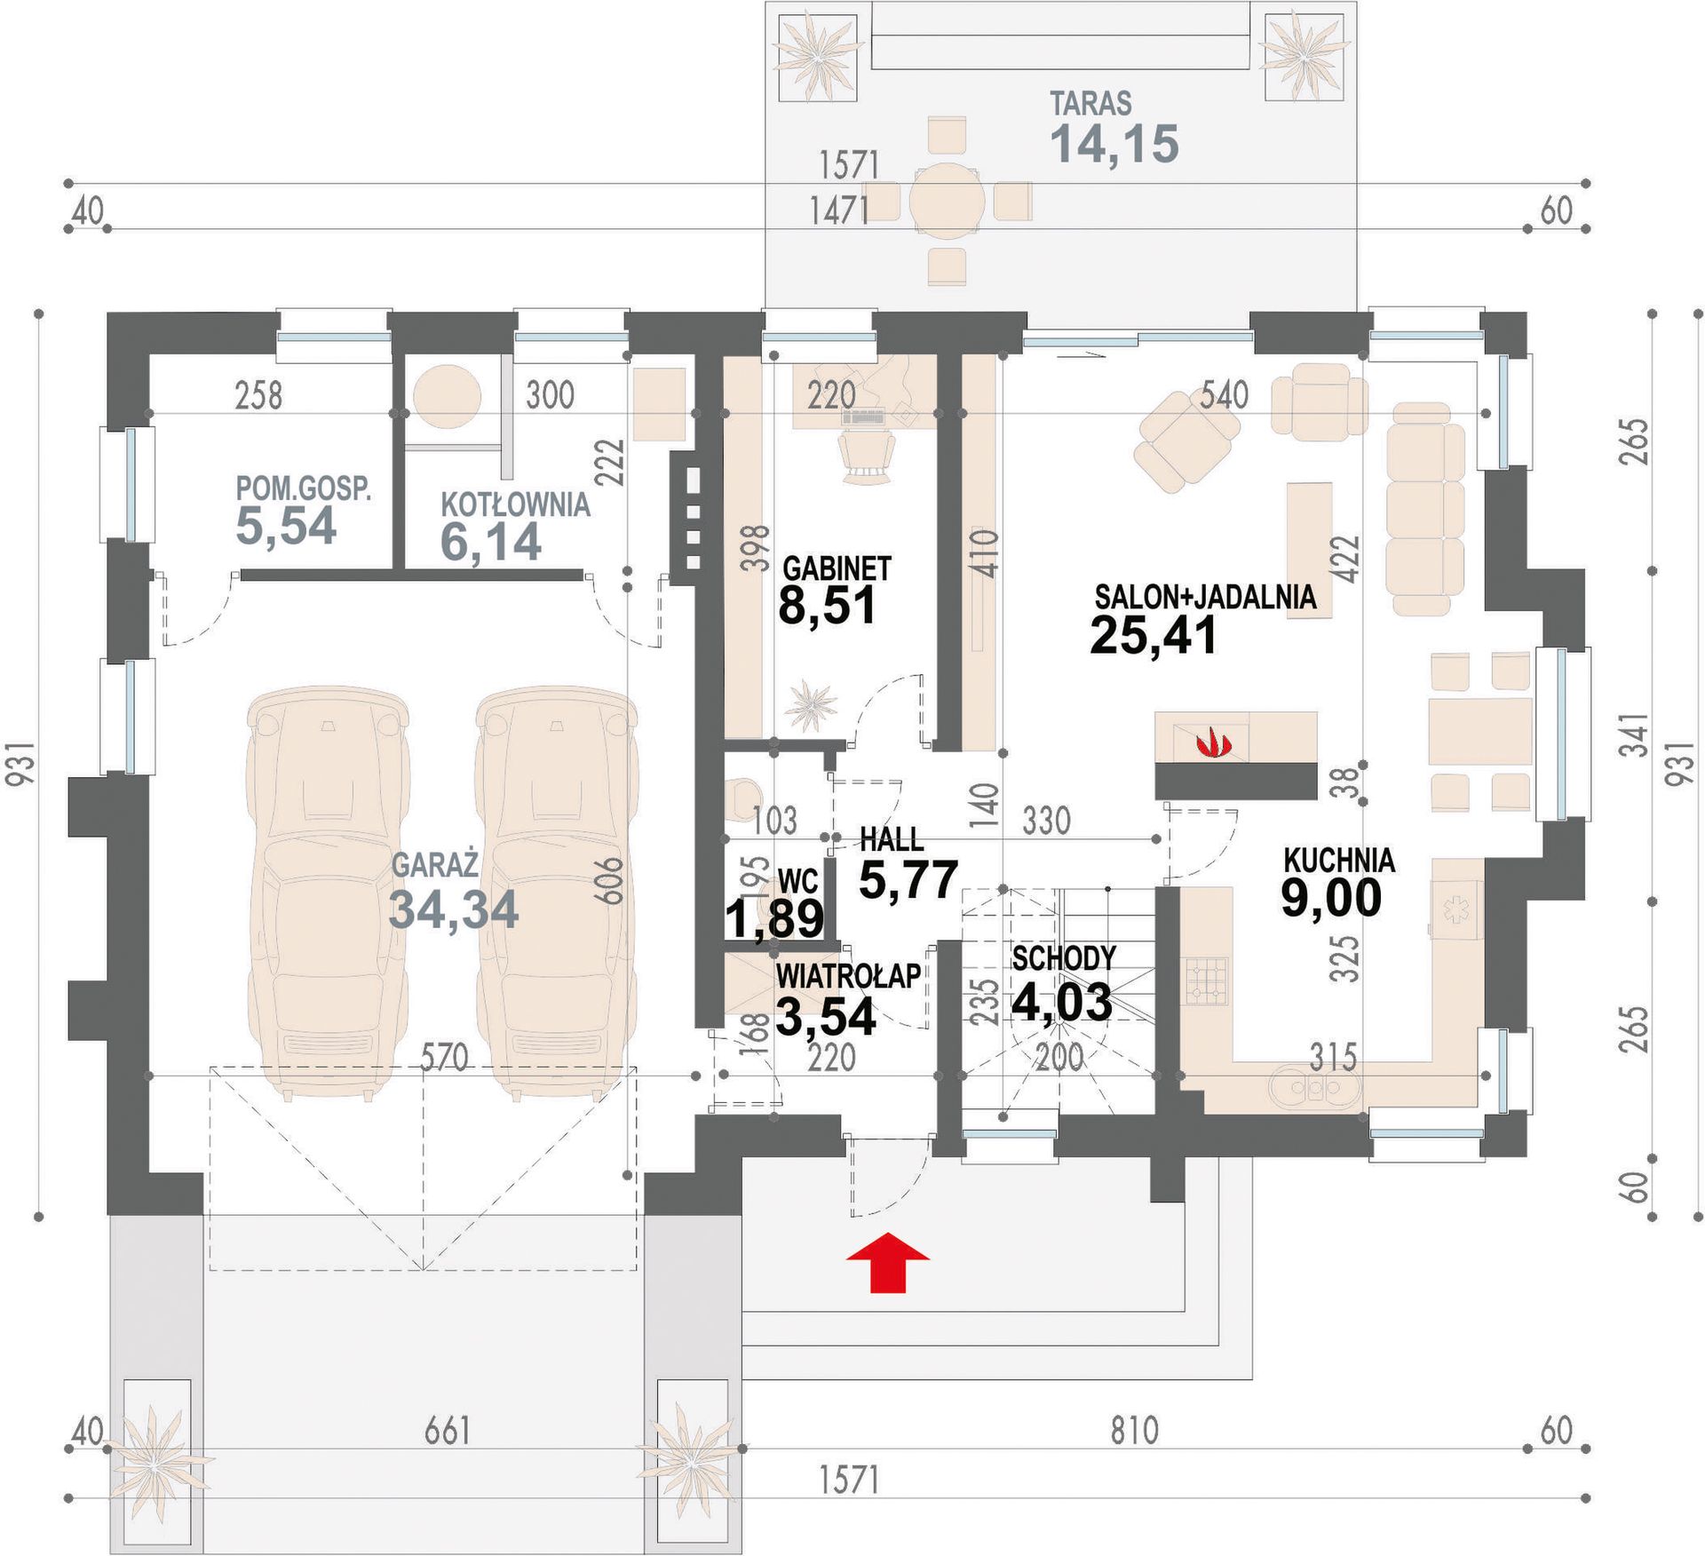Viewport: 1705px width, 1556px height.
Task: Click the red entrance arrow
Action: (887, 1262)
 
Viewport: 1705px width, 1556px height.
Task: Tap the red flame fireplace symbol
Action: (1210, 742)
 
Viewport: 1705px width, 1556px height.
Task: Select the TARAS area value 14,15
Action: (1114, 143)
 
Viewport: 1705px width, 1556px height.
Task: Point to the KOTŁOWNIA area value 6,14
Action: (491, 542)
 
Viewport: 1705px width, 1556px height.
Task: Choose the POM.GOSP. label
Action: (303, 488)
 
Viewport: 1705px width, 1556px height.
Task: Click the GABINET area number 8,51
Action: (828, 606)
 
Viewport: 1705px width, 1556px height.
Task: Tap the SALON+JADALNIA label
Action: (1205, 597)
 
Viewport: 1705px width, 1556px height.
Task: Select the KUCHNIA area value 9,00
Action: (1331, 896)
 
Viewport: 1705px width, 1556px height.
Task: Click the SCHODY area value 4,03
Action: (1062, 1002)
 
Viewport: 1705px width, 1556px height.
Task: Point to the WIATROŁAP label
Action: (848, 976)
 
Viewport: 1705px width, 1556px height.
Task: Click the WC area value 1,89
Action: (775, 918)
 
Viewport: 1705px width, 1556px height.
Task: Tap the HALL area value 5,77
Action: (908, 879)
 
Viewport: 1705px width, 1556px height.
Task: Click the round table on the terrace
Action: (947, 202)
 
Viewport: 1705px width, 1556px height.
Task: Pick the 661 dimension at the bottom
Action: (447, 1431)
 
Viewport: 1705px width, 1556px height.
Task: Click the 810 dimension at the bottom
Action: (1134, 1431)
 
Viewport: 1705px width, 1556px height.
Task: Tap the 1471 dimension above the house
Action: (839, 210)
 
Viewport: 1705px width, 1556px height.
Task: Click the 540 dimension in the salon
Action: (1225, 394)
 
